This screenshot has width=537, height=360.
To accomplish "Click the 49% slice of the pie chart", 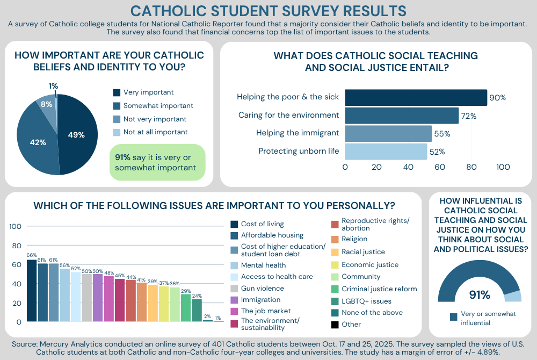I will (x=78, y=134).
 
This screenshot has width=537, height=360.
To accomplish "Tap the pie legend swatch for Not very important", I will (x=117, y=119).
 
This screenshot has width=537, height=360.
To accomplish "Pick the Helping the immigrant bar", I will (x=388, y=133).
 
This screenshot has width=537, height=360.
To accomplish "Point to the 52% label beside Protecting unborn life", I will (x=437, y=152).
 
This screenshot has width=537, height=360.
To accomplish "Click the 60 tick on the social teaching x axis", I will (x=440, y=167).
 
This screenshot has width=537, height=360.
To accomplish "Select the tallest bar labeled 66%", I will (x=32, y=290).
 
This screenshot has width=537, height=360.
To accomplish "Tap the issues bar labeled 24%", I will (x=197, y=310).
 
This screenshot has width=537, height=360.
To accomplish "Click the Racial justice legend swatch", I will (x=335, y=252).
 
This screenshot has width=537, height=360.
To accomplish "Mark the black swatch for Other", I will (x=335, y=324).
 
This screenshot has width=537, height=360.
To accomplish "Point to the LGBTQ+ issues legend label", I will (x=366, y=301).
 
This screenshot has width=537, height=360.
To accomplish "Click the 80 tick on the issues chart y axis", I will (x=16, y=246).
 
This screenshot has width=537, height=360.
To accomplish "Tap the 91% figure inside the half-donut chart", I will (x=479, y=294).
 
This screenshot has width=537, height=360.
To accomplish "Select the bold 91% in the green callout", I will (x=122, y=157).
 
